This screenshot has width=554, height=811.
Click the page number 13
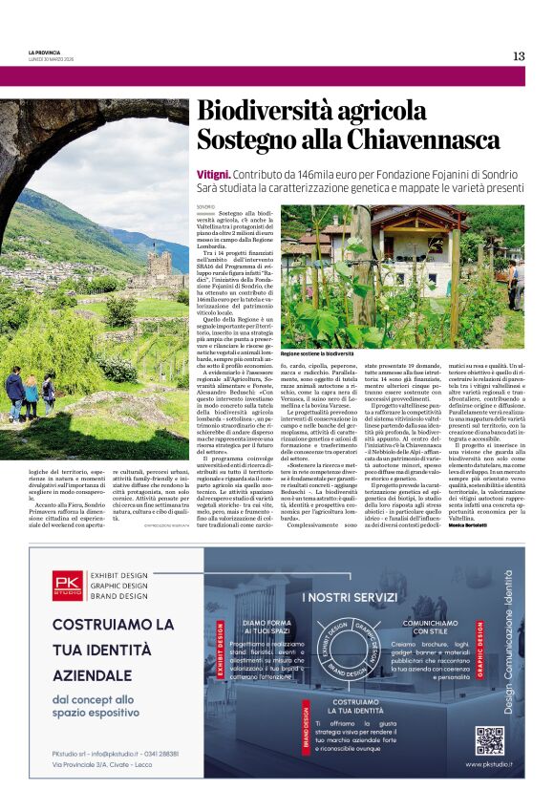pyautogui.click(x=519, y=55)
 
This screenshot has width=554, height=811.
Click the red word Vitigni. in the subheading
pyautogui.click(x=214, y=175)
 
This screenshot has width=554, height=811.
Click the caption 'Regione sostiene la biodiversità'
pyautogui.click(x=317, y=352)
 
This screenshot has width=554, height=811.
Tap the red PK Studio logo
pyautogui.click(x=68, y=585)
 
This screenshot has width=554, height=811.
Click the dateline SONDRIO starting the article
pyautogui.click(x=206, y=206)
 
